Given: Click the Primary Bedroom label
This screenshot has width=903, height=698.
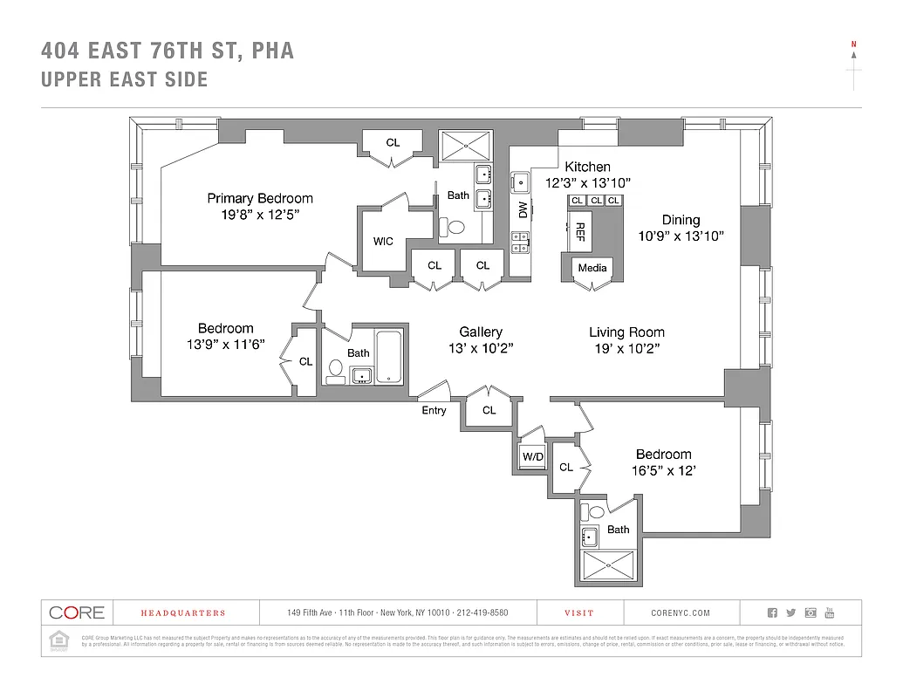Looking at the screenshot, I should [x=259, y=198].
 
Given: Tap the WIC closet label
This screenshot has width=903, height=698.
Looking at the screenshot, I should [x=383, y=241].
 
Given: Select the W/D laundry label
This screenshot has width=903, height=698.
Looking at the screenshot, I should [x=532, y=457].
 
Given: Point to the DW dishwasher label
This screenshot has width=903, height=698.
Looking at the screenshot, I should [x=523, y=209].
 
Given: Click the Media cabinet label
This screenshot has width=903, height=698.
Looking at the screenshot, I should [x=592, y=267].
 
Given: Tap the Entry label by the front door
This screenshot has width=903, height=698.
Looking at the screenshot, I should [x=434, y=410].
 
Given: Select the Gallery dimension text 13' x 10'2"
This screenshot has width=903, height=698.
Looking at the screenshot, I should [x=481, y=348].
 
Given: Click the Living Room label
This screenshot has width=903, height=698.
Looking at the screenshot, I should [x=626, y=332].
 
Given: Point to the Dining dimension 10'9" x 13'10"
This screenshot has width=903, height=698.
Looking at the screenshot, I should [x=681, y=236].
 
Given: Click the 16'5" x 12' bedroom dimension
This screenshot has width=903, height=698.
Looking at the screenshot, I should [x=663, y=470].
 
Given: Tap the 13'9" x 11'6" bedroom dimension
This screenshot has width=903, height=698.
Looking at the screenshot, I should [x=225, y=345].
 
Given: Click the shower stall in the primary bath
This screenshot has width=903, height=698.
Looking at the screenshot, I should [x=465, y=145].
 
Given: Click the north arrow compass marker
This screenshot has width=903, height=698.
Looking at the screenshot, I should [x=854, y=65].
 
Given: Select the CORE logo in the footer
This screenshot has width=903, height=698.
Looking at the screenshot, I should [x=77, y=612].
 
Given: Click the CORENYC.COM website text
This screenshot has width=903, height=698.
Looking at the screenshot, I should [x=681, y=613].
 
